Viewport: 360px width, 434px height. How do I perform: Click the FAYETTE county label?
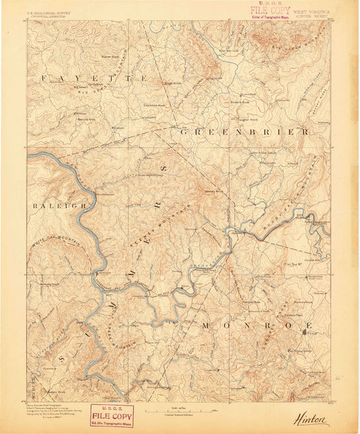95,79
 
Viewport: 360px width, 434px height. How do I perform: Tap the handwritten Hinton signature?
311,419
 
